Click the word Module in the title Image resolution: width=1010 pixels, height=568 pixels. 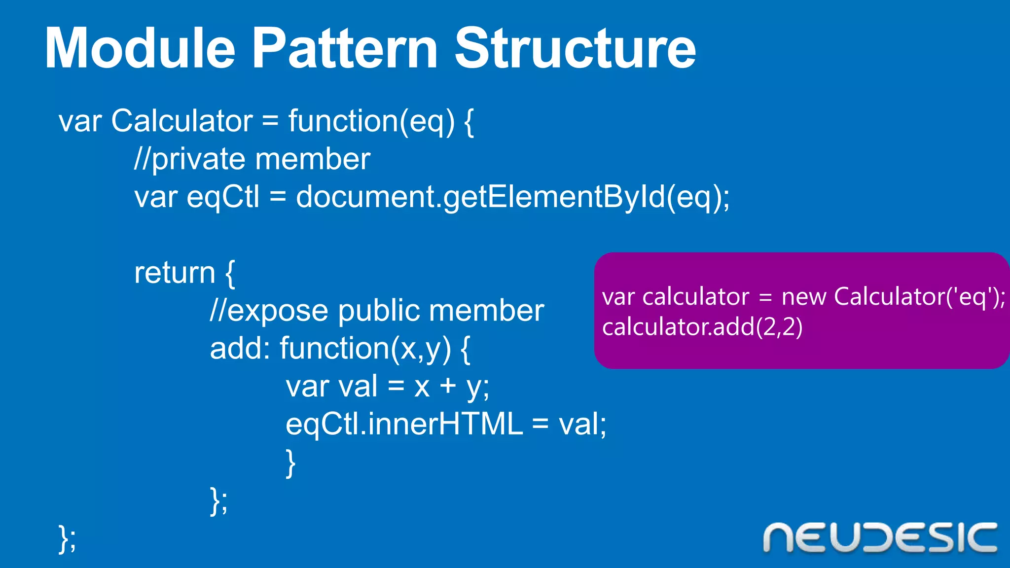coord(140,48)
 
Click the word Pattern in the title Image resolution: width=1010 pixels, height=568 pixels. coord(345,48)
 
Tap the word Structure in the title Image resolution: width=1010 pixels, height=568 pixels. coord(575,48)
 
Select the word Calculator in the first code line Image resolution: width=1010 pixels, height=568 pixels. coord(181,121)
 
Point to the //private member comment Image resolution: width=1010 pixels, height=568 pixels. coord(252,159)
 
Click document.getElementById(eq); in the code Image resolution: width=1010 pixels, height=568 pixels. coord(512,197)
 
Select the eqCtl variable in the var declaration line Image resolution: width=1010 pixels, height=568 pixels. coord(222,197)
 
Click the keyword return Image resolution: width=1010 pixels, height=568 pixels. coord(175,273)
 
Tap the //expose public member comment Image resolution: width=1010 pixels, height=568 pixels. coord(377,311)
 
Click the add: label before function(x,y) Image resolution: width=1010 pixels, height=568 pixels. coord(240,348)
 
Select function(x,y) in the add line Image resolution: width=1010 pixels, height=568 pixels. coord(365,349)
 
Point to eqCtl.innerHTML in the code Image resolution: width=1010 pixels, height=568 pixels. coord(404,424)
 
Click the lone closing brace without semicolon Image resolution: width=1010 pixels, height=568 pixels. coord(290,462)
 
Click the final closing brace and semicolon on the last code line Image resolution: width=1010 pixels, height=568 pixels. coord(67,538)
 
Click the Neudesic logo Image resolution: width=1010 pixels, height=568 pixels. coord(880,538)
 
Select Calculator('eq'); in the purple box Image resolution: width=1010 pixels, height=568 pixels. coord(920,297)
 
